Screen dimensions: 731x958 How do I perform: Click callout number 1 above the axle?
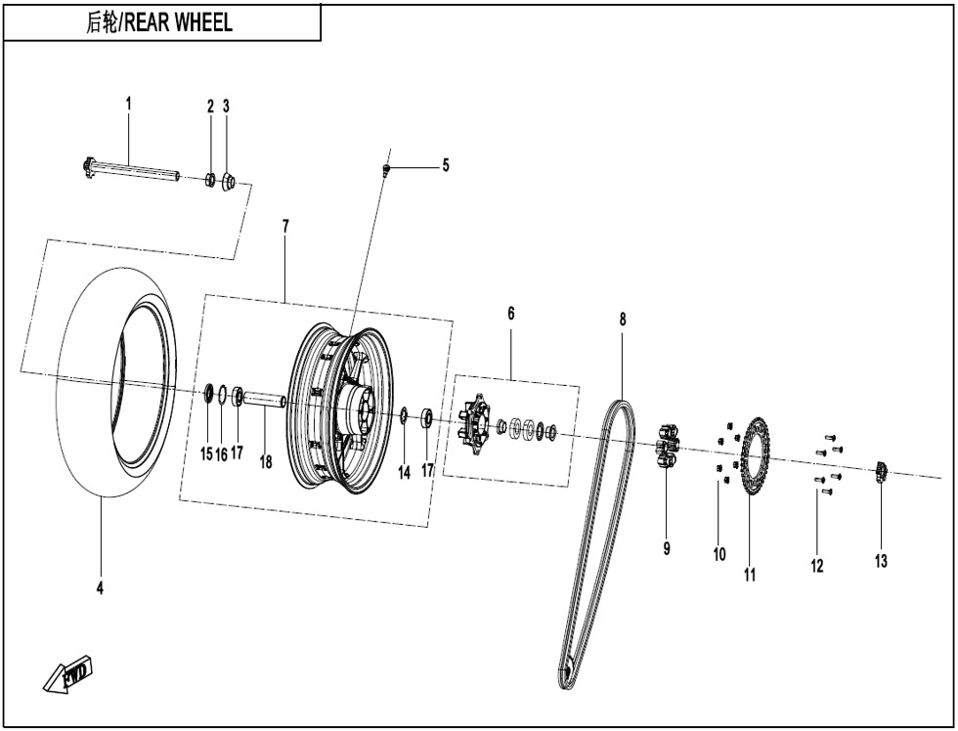pos(127,103)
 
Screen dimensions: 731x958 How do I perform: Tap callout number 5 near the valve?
pos(446,165)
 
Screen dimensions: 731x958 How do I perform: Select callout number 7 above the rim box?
pos(285,226)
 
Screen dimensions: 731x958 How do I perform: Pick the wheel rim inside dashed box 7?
pos(337,410)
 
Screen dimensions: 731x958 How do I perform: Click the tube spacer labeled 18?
pos(264,399)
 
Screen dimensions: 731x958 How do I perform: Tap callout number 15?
pos(205,454)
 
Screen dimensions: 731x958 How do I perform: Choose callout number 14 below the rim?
pos(404,472)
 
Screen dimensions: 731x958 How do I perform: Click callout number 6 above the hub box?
pos(510,314)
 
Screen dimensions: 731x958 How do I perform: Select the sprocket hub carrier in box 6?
pos(476,423)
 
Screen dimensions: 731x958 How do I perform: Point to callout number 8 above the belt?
pos(622,319)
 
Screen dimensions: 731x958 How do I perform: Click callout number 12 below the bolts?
pos(816,565)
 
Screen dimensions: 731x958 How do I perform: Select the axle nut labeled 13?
pos(880,473)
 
